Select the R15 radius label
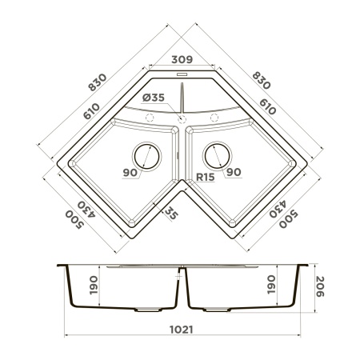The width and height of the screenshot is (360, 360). click(206, 177)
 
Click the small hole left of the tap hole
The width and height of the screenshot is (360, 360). click(150, 118)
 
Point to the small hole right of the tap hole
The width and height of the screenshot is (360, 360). click(214, 118)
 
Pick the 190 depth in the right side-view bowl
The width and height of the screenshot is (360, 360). click(271, 284)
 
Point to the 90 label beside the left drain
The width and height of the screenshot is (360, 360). click(130, 171)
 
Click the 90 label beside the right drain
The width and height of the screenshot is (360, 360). click(234, 171)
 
